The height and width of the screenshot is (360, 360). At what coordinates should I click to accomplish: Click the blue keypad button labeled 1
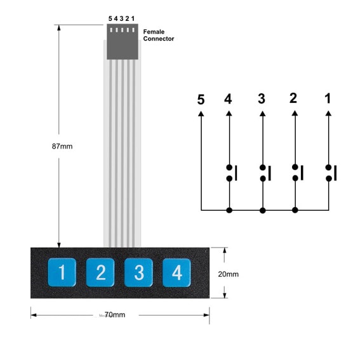point(62,272)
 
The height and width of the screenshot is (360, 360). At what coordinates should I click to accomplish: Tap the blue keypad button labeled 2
point(100,272)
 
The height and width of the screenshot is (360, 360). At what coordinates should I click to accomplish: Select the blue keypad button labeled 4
point(177,272)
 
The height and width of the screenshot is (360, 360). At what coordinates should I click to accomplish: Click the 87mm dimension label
point(62,146)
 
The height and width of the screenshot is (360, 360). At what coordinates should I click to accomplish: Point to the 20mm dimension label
point(228,274)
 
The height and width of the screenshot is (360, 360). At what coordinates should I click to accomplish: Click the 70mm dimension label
point(115,314)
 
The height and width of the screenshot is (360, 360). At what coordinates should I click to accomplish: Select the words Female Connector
point(159,35)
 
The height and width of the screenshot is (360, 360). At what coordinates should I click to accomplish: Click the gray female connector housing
point(123,41)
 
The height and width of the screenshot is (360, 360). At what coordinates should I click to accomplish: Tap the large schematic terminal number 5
point(201,100)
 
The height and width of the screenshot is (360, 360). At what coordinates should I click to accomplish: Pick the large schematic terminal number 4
point(228,99)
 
